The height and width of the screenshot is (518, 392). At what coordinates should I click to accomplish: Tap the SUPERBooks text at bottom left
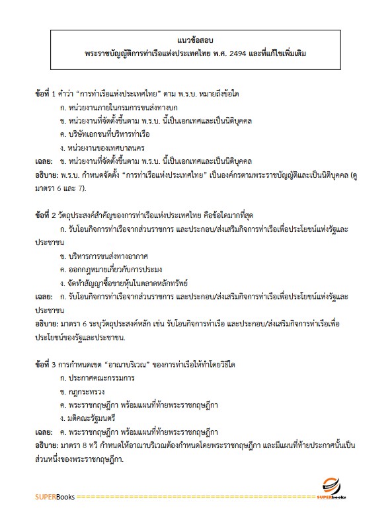56,496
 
